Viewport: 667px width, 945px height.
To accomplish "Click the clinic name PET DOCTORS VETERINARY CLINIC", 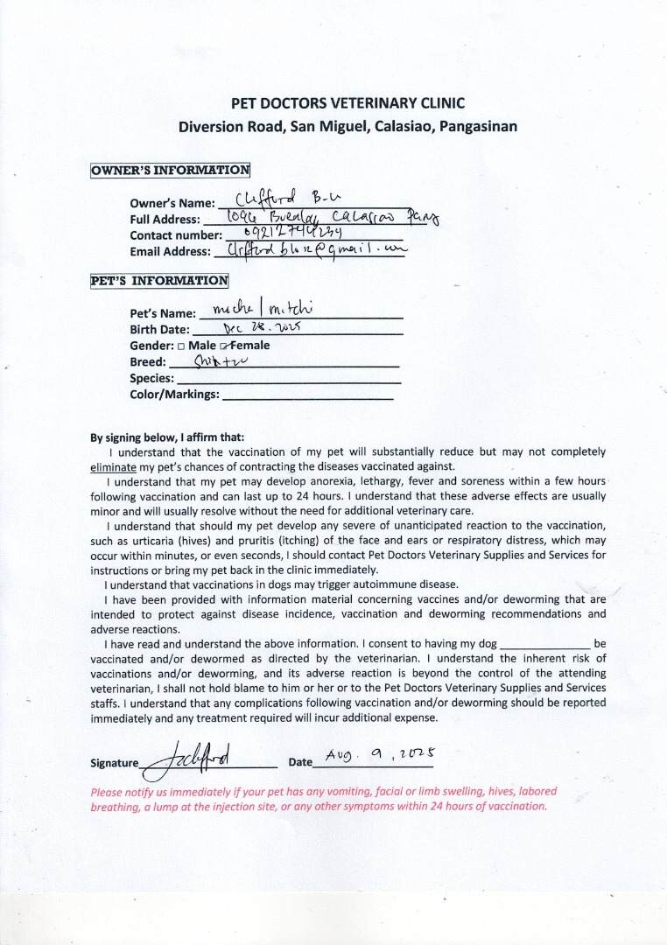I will pyautogui.click(x=348, y=103).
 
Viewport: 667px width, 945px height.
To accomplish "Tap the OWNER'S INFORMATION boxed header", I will pyautogui.click(x=170, y=170).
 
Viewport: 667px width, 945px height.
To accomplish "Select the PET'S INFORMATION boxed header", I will pyautogui.click(x=159, y=282).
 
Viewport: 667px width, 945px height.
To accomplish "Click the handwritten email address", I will pyautogui.click(x=311, y=249).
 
